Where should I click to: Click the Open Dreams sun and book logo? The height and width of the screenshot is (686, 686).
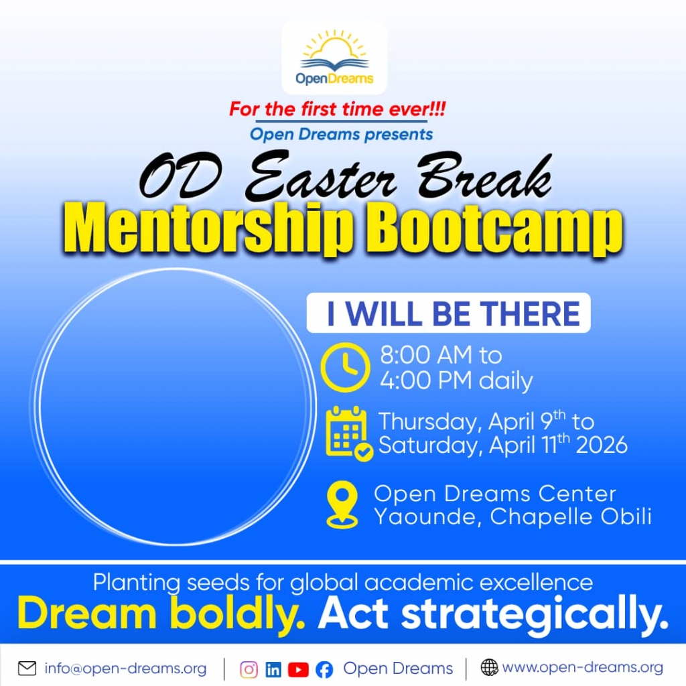335,58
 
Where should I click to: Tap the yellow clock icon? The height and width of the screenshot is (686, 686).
345,367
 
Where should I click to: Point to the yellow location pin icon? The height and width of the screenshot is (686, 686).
342,504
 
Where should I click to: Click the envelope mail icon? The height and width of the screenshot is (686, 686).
27,668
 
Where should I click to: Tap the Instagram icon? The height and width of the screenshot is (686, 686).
249,669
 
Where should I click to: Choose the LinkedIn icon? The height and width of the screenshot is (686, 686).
273,669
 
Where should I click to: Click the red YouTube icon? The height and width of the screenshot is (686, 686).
298,669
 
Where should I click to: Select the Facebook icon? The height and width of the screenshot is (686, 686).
324,670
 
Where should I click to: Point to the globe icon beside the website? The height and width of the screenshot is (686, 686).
489,667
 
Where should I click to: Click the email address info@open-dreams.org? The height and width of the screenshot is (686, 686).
125,669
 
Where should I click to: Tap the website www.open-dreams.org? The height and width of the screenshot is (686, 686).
582,668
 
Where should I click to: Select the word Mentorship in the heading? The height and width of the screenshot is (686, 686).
208,228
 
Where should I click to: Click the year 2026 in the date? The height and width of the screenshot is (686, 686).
602,445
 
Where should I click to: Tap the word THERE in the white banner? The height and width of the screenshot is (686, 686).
530,314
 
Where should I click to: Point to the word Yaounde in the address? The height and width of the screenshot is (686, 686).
427,517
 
